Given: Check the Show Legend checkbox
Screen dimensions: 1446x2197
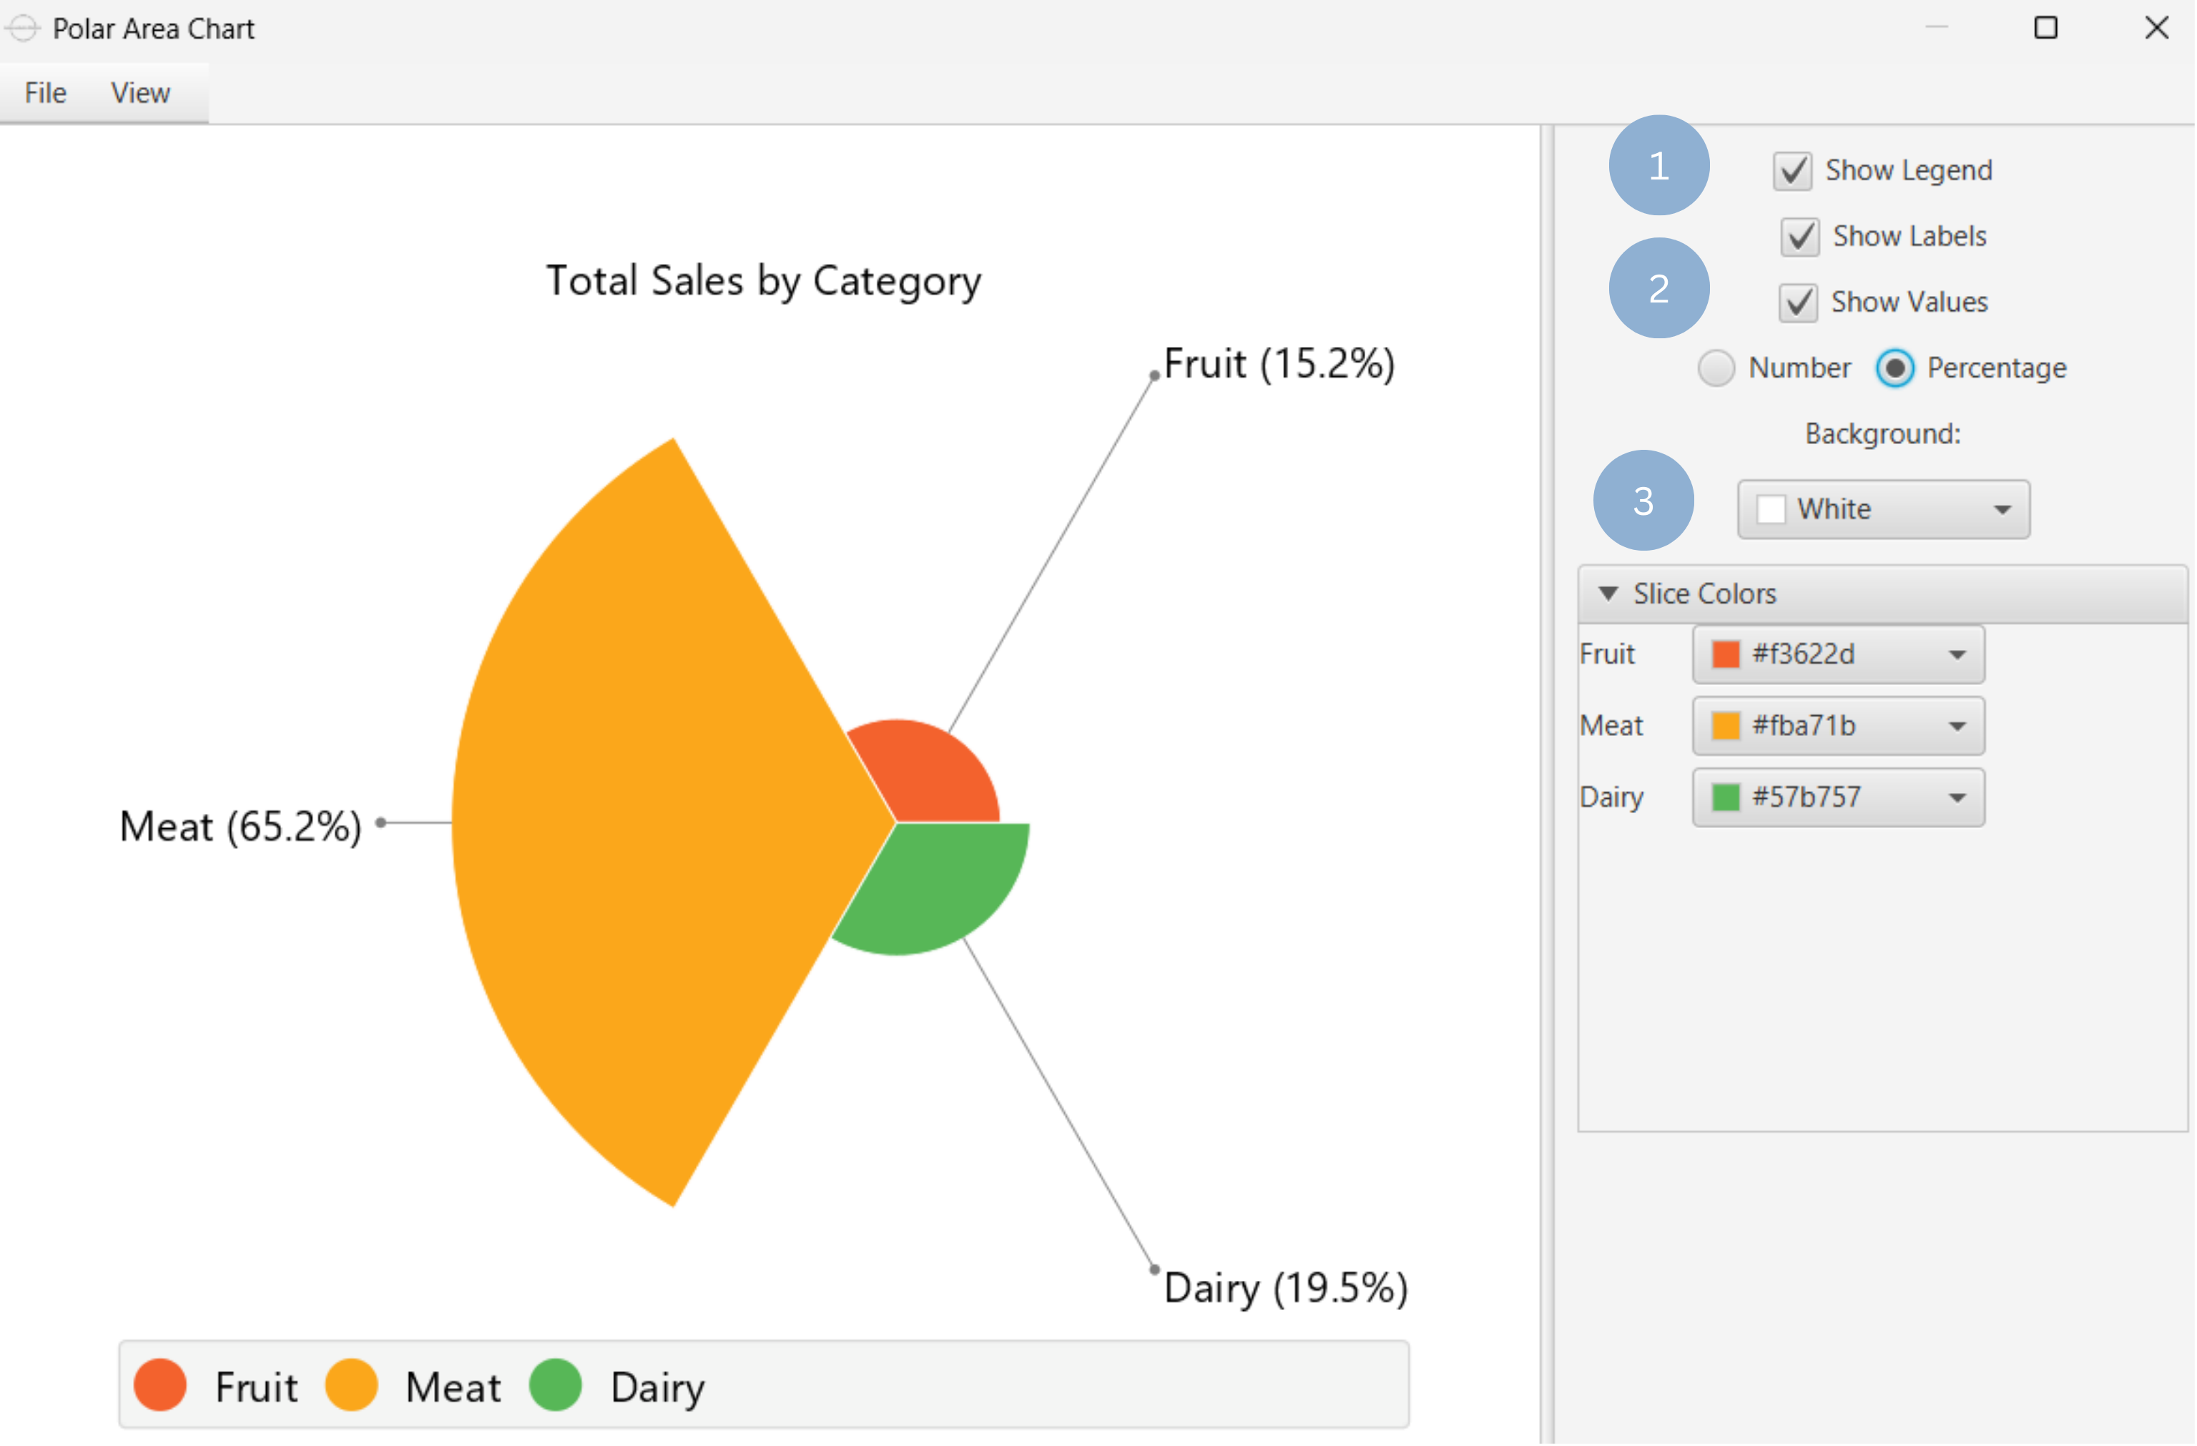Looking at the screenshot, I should [x=1791, y=171].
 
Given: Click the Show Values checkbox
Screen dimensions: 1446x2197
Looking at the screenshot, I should [x=1798, y=303].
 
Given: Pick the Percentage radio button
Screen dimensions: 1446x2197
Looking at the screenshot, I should [x=1894, y=368].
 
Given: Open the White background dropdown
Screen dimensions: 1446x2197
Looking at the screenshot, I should [x=1883, y=508].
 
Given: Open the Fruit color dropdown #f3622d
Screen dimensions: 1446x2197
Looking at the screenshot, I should [x=1838, y=654].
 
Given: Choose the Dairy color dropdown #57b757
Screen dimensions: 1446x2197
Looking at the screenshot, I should [x=1838, y=797].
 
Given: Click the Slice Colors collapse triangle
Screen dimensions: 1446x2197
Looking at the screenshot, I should [x=1607, y=594].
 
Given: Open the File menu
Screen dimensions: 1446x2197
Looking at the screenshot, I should [x=45, y=93].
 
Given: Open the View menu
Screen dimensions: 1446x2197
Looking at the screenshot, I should [x=140, y=93].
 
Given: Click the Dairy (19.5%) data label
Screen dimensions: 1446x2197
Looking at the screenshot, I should [x=1285, y=1288].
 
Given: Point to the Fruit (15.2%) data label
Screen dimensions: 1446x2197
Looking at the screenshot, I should [x=1279, y=363].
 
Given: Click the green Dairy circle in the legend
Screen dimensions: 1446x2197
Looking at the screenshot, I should [x=555, y=1385].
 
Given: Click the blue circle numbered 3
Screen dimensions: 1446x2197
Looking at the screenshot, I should [x=1643, y=501].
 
